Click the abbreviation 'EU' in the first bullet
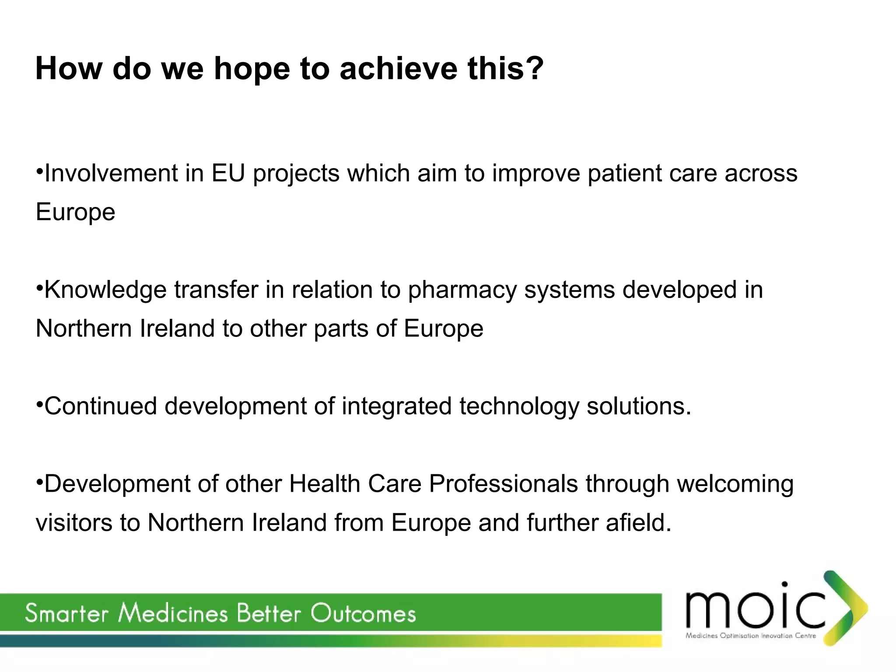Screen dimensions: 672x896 [228, 173]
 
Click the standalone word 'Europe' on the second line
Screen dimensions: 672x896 [75, 212]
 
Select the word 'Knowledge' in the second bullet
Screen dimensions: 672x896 [105, 290]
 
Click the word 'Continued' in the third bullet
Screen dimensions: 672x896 [100, 406]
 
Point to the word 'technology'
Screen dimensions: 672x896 [519, 407]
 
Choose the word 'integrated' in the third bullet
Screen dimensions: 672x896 [396, 407]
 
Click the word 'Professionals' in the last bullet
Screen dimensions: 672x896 [503, 484]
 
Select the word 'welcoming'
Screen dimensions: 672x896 [735, 484]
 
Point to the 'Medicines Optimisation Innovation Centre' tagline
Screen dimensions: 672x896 [751, 636]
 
